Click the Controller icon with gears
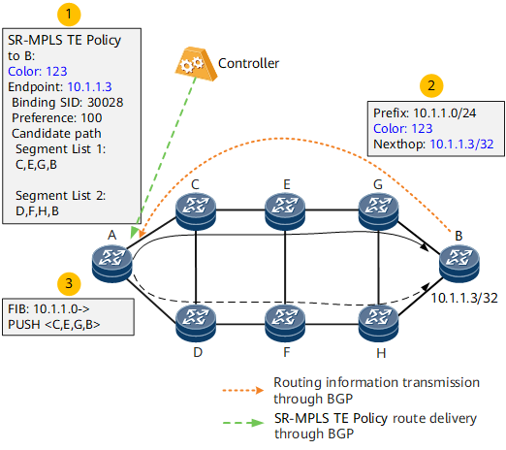196,64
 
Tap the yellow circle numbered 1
69,15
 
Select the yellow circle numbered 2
431,85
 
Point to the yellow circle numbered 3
69,283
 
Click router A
111,263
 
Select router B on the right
459,263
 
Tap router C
196,211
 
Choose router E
285,211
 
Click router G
378,211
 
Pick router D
196,324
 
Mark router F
285,324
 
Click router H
378,324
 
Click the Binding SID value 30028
106,103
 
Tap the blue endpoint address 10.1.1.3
89,87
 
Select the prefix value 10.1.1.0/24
445,113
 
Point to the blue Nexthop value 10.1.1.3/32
461,145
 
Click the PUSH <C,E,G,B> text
54,324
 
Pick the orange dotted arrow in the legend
243,390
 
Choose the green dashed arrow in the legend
243,423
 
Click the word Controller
248,63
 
